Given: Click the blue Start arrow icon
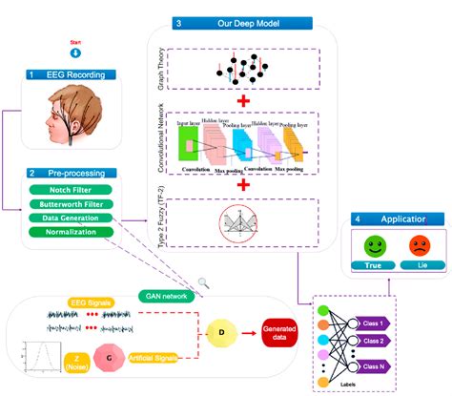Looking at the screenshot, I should pyautogui.click(x=75, y=53).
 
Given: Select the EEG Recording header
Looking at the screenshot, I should pyautogui.click(x=72, y=73).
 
